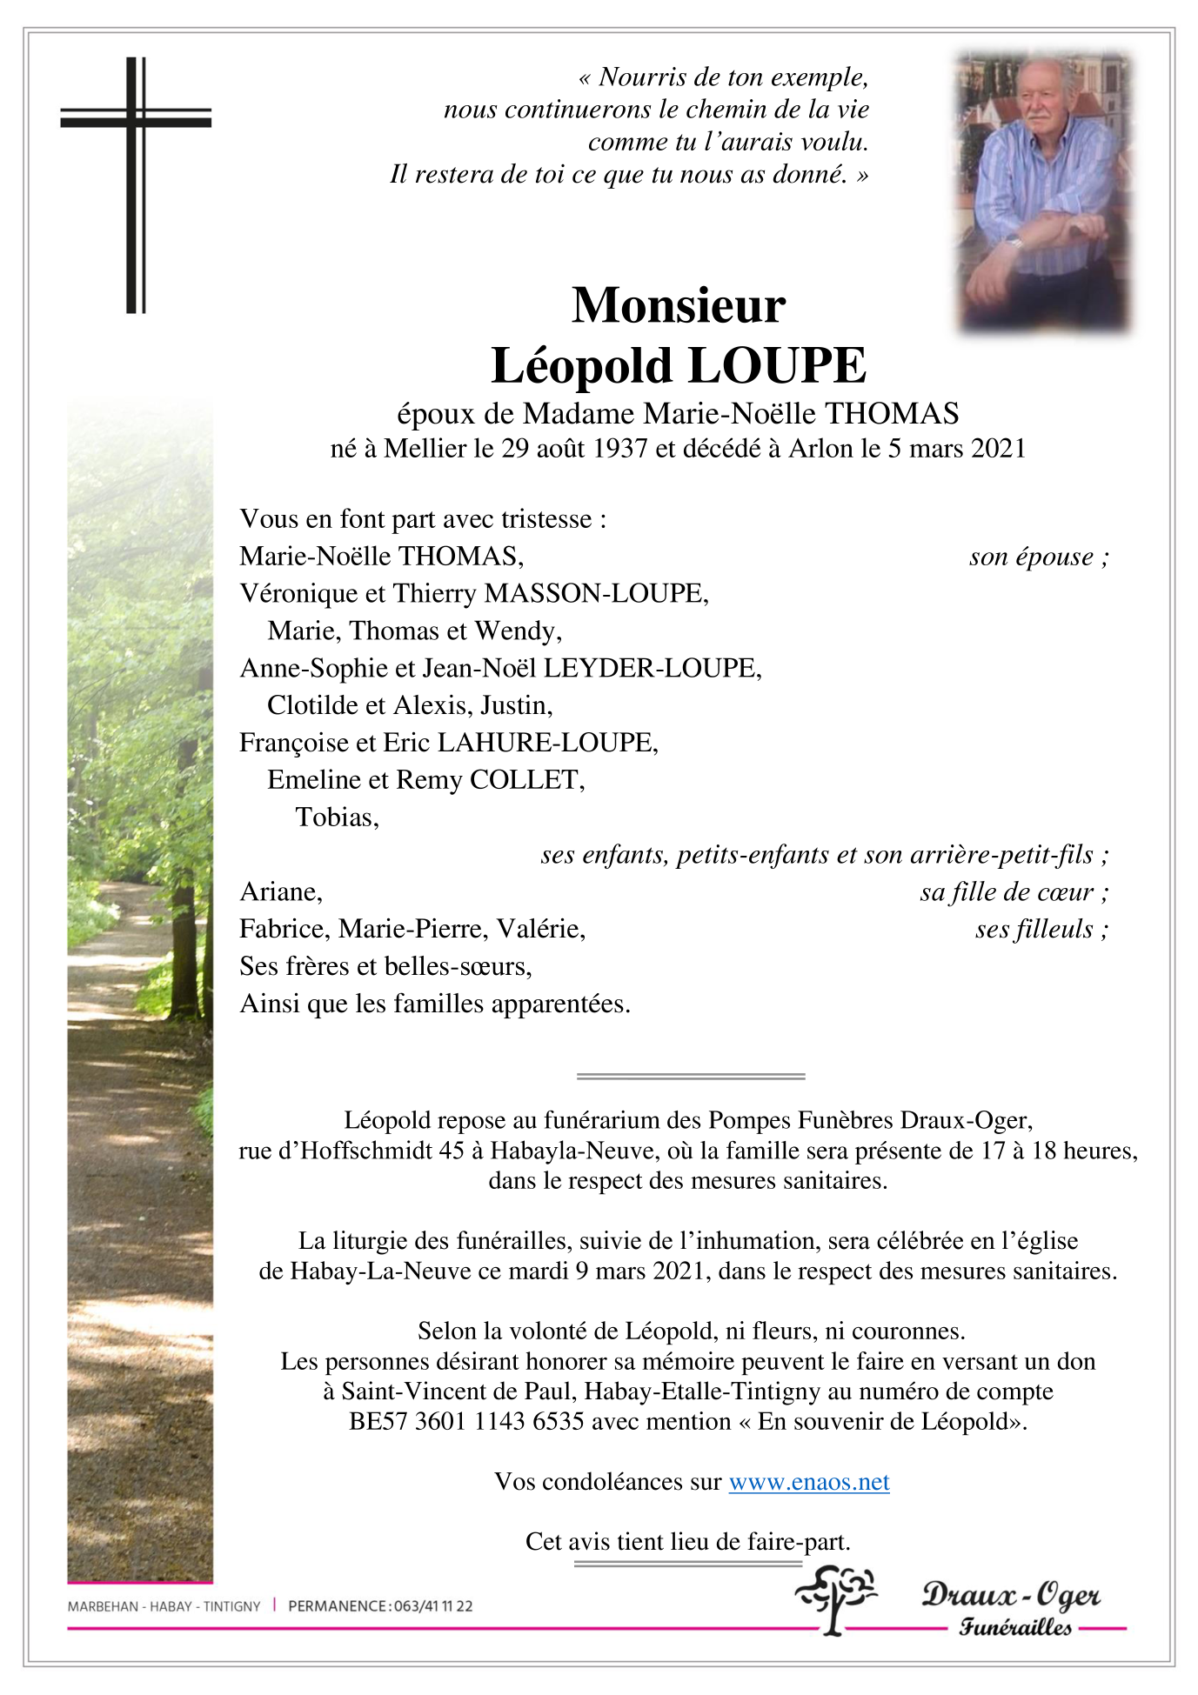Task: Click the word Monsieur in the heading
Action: click(x=679, y=305)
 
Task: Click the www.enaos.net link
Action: click(x=809, y=1482)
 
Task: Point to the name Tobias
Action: click(x=336, y=817)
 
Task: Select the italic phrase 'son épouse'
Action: click(x=1031, y=557)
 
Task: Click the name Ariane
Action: click(x=280, y=892)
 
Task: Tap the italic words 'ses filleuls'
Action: click(x=1034, y=930)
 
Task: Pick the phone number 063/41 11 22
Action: click(x=433, y=1606)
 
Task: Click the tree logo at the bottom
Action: click(x=835, y=1598)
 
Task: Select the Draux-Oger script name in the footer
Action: click(x=1011, y=1595)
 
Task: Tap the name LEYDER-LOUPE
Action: click(x=651, y=668)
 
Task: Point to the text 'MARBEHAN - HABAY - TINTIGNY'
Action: click(x=164, y=1606)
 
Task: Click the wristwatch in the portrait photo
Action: click(x=1014, y=243)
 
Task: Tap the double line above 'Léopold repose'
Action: click(x=691, y=1077)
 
